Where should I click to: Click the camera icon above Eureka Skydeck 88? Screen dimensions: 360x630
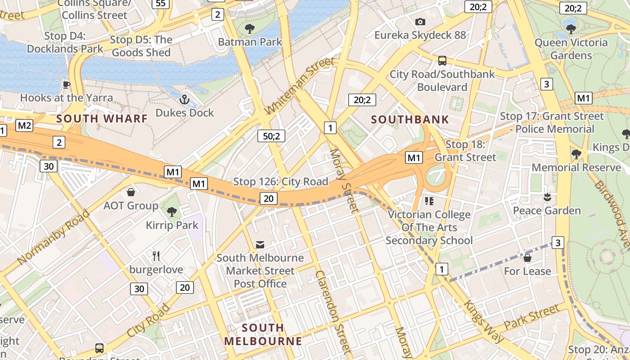(420, 22)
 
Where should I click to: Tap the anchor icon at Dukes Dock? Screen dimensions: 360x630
(184, 99)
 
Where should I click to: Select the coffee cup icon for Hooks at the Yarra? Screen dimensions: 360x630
(67, 85)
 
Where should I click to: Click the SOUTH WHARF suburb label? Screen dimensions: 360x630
(102, 119)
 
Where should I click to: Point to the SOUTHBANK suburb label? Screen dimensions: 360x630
(410, 119)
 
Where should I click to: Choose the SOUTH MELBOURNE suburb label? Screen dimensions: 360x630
(263, 334)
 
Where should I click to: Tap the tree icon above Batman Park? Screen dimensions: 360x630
(249, 29)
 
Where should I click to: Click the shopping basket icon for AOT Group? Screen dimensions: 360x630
(131, 193)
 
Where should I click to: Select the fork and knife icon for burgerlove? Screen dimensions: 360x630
(156, 256)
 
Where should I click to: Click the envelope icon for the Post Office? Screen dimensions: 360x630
(260, 244)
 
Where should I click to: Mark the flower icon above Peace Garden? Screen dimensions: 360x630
(547, 197)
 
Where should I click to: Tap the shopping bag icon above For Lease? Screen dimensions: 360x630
(527, 258)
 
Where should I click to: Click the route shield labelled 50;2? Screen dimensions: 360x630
(271, 136)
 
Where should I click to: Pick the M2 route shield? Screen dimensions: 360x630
(24, 126)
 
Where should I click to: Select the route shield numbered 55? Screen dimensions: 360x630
(161, 4)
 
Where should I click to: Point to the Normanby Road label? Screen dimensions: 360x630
(54, 237)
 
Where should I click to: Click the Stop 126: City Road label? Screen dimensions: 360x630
(280, 182)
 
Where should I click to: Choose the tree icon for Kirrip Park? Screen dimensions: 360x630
(171, 211)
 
